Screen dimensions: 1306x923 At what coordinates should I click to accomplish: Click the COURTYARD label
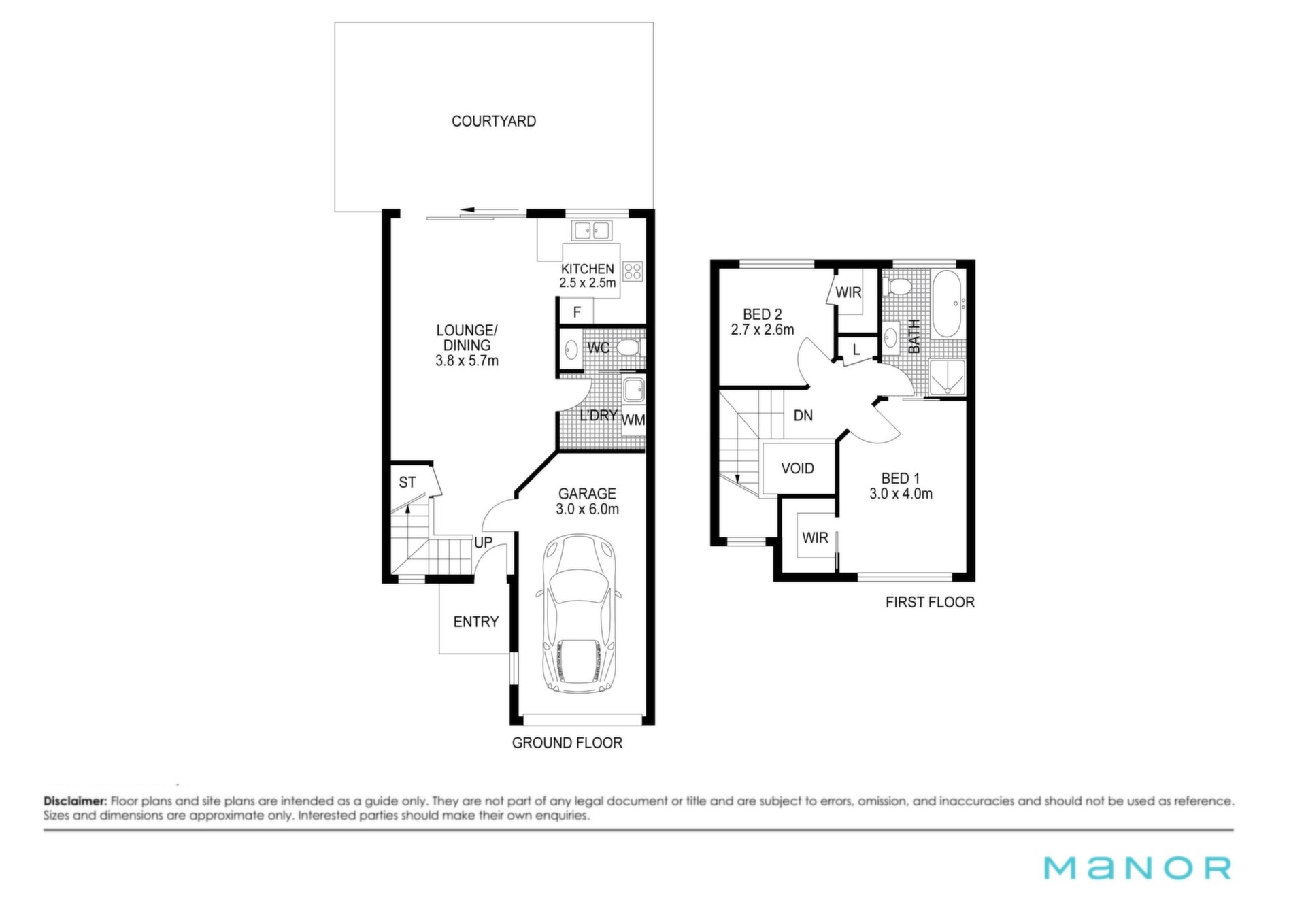[494, 121]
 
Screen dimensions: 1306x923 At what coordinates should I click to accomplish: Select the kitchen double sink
[590, 231]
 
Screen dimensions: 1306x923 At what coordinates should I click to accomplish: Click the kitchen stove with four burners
[633, 271]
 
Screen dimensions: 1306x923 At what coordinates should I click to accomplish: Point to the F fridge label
[577, 313]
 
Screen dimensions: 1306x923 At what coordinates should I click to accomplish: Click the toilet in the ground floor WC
[629, 349]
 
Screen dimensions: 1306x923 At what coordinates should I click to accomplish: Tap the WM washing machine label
[633, 420]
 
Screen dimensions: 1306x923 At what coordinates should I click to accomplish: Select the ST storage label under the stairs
[407, 482]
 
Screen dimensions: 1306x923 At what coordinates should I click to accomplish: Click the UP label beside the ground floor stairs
[483, 543]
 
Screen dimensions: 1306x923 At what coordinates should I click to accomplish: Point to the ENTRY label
[476, 622]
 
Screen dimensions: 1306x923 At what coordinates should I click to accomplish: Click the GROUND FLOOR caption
[567, 743]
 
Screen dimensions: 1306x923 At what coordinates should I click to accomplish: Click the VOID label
[797, 469]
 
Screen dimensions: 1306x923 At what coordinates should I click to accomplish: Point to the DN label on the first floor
[803, 416]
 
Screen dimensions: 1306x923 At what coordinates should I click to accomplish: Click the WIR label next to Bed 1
[815, 538]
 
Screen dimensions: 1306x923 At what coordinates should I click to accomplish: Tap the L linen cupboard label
[856, 350]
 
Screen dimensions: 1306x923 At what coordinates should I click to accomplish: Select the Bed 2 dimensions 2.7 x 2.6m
[763, 330]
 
